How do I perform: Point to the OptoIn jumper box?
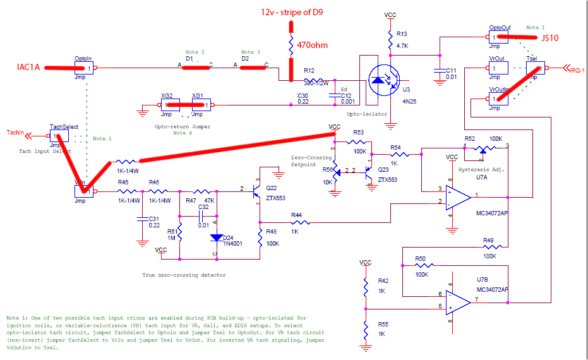[x=83, y=68]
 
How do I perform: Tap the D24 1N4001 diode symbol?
[x=215, y=239]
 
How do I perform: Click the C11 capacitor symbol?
[x=438, y=73]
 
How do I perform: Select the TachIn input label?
[x=16, y=133]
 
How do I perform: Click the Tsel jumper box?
[x=536, y=68]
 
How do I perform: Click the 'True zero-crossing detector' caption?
[x=184, y=275]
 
